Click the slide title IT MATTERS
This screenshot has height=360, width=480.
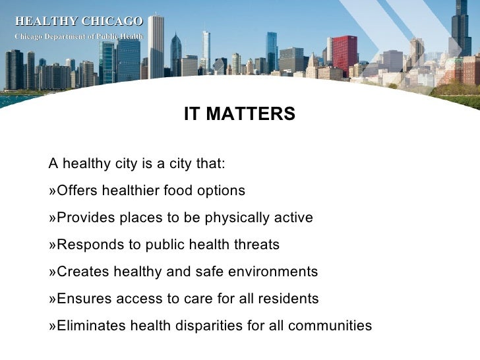click(x=239, y=115)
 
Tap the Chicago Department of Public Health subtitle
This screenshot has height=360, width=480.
click(x=78, y=36)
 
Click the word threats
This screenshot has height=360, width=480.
click(x=258, y=245)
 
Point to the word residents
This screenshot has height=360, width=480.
click(x=291, y=299)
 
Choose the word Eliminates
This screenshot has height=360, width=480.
click(x=92, y=326)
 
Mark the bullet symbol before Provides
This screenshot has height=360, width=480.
click(x=53, y=218)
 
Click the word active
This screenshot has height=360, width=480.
click(x=295, y=218)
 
